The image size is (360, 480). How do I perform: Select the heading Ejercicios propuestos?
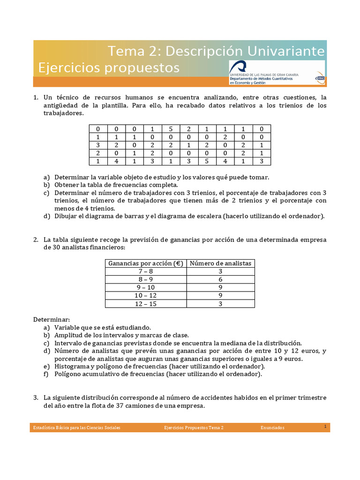click(x=109, y=68)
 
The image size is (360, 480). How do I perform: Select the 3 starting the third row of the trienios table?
click(x=98, y=145)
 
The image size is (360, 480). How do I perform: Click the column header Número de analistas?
click(x=220, y=263)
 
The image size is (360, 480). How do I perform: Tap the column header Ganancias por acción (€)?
click(x=145, y=263)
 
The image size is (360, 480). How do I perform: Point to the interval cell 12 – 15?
click(x=145, y=303)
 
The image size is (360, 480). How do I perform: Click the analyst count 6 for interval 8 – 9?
click(x=220, y=279)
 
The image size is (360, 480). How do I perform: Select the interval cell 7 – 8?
click(x=145, y=271)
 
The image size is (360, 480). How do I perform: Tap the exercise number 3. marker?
click(x=36, y=397)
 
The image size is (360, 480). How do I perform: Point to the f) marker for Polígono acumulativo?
click(x=46, y=374)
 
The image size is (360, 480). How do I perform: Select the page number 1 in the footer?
click(x=325, y=426)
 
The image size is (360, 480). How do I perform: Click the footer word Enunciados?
click(x=272, y=427)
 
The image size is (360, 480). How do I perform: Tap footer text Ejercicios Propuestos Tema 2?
click(x=194, y=427)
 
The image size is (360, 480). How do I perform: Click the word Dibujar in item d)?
click(x=66, y=216)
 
